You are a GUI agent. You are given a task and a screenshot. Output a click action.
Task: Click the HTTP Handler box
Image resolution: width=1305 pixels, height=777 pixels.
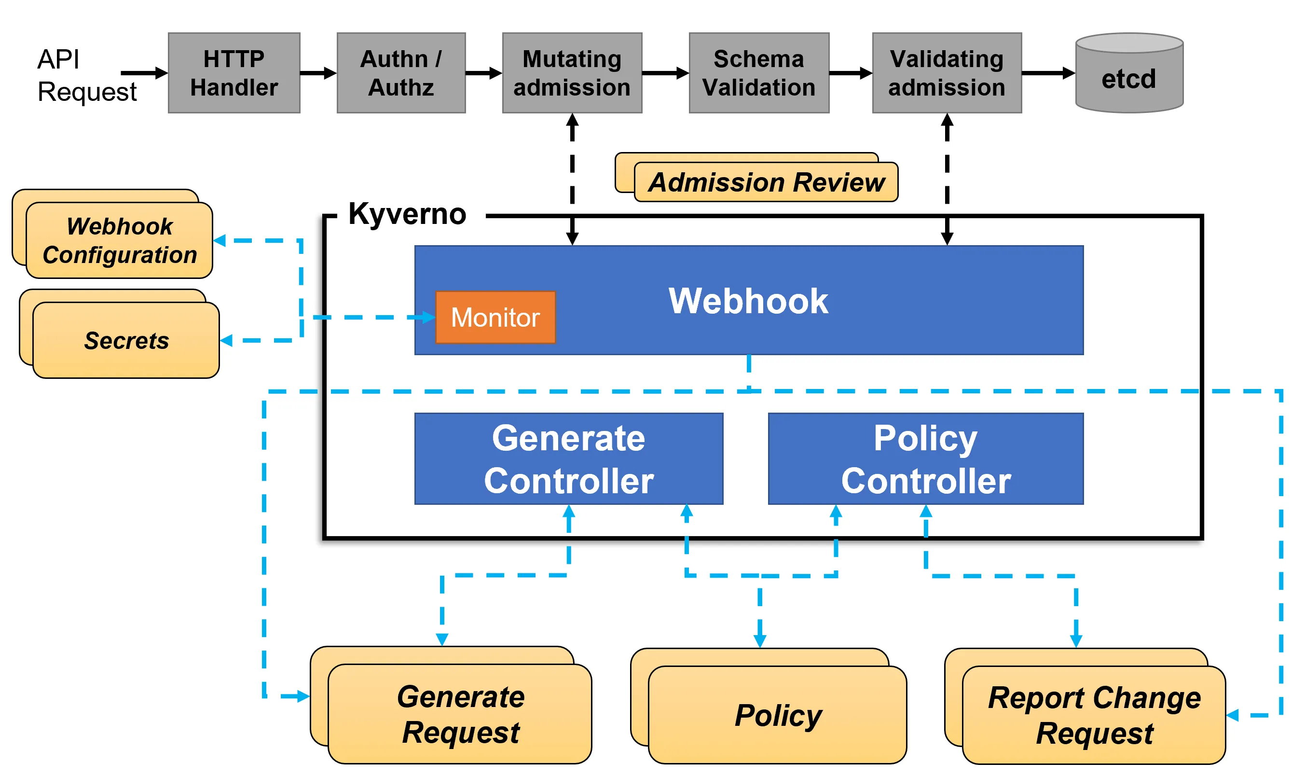[x=234, y=73]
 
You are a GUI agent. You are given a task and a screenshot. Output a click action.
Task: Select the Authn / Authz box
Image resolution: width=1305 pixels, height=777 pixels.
[x=401, y=73]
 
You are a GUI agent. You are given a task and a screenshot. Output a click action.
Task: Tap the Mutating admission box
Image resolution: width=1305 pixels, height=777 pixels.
[x=571, y=73]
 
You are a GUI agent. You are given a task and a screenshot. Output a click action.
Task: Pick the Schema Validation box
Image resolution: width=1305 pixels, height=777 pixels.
[x=758, y=73]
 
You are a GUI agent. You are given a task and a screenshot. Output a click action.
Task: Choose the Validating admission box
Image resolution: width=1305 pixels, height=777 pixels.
[x=946, y=73]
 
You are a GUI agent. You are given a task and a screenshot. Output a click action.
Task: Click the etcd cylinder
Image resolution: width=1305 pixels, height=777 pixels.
[x=1128, y=76]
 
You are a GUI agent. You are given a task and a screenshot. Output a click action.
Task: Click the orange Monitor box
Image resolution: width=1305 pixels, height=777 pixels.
[x=495, y=317]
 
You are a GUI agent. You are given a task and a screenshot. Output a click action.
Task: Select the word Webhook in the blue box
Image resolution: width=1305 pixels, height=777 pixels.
[x=748, y=301]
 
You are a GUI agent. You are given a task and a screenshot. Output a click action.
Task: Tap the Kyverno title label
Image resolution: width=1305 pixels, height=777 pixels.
[x=407, y=214]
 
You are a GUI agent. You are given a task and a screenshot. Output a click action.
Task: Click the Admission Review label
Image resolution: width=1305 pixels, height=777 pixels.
[x=766, y=182]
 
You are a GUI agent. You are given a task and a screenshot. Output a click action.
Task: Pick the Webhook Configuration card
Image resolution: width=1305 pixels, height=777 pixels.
[x=119, y=241]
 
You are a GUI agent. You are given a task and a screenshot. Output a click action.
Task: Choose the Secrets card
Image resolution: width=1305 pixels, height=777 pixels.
[x=126, y=340]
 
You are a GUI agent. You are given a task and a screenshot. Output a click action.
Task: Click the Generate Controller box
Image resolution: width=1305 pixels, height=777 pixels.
[x=568, y=458]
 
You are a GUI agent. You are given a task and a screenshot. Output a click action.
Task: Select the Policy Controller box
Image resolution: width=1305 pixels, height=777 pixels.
[x=925, y=458]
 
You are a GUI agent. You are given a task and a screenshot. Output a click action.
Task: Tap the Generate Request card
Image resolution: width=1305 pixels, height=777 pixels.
[x=459, y=714]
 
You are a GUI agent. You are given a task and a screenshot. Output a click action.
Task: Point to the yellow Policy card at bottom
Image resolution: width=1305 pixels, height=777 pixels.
[x=777, y=715]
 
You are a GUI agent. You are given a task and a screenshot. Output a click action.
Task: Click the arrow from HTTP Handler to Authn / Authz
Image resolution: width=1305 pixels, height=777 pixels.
[x=317, y=73]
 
